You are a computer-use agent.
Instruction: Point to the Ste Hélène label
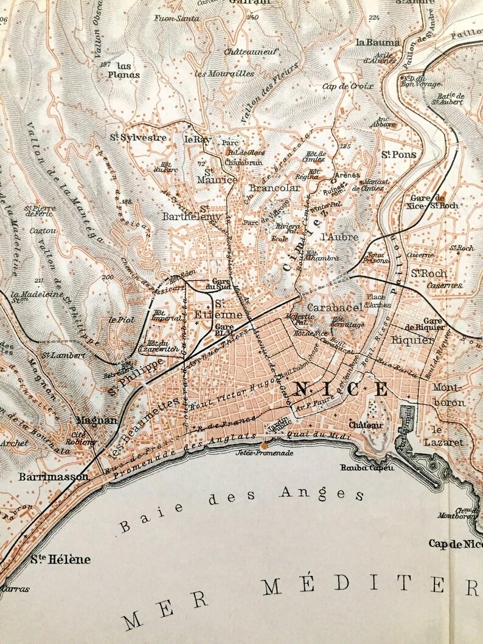point(60,559)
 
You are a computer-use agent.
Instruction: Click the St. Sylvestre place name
point(138,137)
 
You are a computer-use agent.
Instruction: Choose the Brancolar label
point(276,189)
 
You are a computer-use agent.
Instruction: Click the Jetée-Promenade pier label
point(264,453)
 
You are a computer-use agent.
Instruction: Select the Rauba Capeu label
point(377,468)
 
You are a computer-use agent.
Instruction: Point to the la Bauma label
point(378,43)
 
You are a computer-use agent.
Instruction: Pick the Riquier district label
point(412,340)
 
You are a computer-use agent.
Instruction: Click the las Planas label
point(123,71)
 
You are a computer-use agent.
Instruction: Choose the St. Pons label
point(399,154)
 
